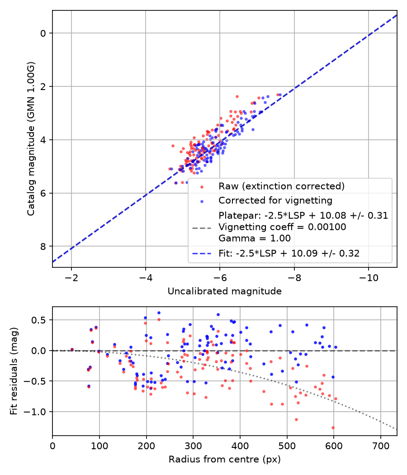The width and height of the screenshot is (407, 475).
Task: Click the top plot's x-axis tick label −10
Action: point(369,278)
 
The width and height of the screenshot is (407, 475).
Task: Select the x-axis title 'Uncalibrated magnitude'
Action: point(224,291)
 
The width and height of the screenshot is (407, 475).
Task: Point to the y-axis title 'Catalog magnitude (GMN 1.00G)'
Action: point(31,139)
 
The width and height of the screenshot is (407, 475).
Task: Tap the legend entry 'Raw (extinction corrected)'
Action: point(282,186)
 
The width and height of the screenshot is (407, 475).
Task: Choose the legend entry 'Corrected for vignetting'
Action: point(275,200)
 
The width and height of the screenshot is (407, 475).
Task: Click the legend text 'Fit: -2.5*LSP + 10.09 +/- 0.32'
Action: point(289,253)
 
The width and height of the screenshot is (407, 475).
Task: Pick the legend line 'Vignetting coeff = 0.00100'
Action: point(282,227)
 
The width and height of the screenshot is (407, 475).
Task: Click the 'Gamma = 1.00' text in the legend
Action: point(255,238)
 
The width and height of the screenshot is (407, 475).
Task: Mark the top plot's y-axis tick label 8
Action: point(43,246)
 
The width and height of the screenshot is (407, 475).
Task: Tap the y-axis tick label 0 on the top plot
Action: point(43,33)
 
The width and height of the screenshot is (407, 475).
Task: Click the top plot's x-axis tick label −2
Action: point(71,278)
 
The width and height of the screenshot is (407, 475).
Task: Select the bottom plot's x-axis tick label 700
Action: point(381,446)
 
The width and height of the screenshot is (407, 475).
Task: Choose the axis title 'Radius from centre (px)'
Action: point(224,460)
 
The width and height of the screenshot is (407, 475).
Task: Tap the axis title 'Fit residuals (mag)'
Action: point(14,371)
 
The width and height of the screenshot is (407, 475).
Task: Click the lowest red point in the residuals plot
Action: point(333,428)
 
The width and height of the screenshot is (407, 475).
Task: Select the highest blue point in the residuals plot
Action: point(159,313)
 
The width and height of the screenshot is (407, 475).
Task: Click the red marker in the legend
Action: point(202,187)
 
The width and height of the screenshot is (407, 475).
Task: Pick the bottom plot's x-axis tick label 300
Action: point(193,446)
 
